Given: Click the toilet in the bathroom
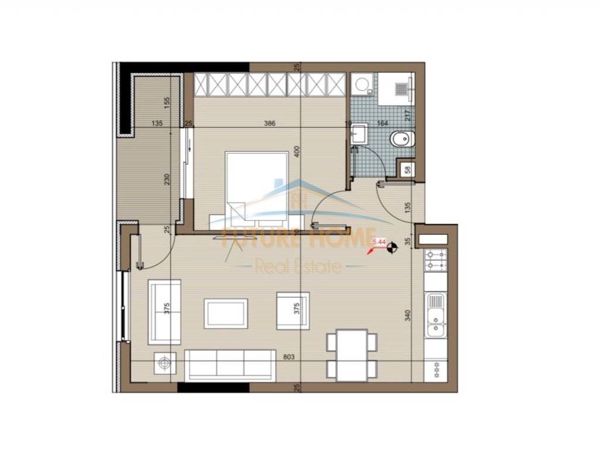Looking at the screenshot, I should (401, 139).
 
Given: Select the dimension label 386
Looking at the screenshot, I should (270, 124).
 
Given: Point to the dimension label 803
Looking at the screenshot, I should (288, 356).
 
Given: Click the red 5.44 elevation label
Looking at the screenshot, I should (380, 240).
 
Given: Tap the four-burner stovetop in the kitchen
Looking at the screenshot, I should (436, 260).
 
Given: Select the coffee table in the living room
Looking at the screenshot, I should (226, 313).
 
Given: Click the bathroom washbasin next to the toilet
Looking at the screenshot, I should (358, 134).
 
